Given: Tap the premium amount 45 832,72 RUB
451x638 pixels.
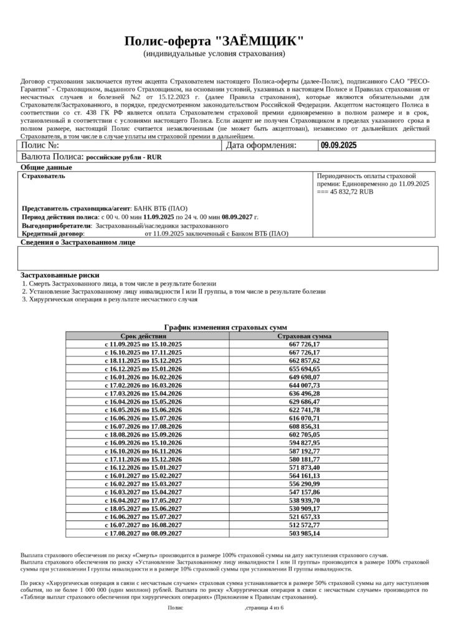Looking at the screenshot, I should pos(351,193).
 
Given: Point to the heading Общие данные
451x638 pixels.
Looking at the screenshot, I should pos(47,168).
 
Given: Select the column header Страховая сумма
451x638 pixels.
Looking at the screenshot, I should pos(304,336).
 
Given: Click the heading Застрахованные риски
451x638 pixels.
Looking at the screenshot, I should pos(60,275).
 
